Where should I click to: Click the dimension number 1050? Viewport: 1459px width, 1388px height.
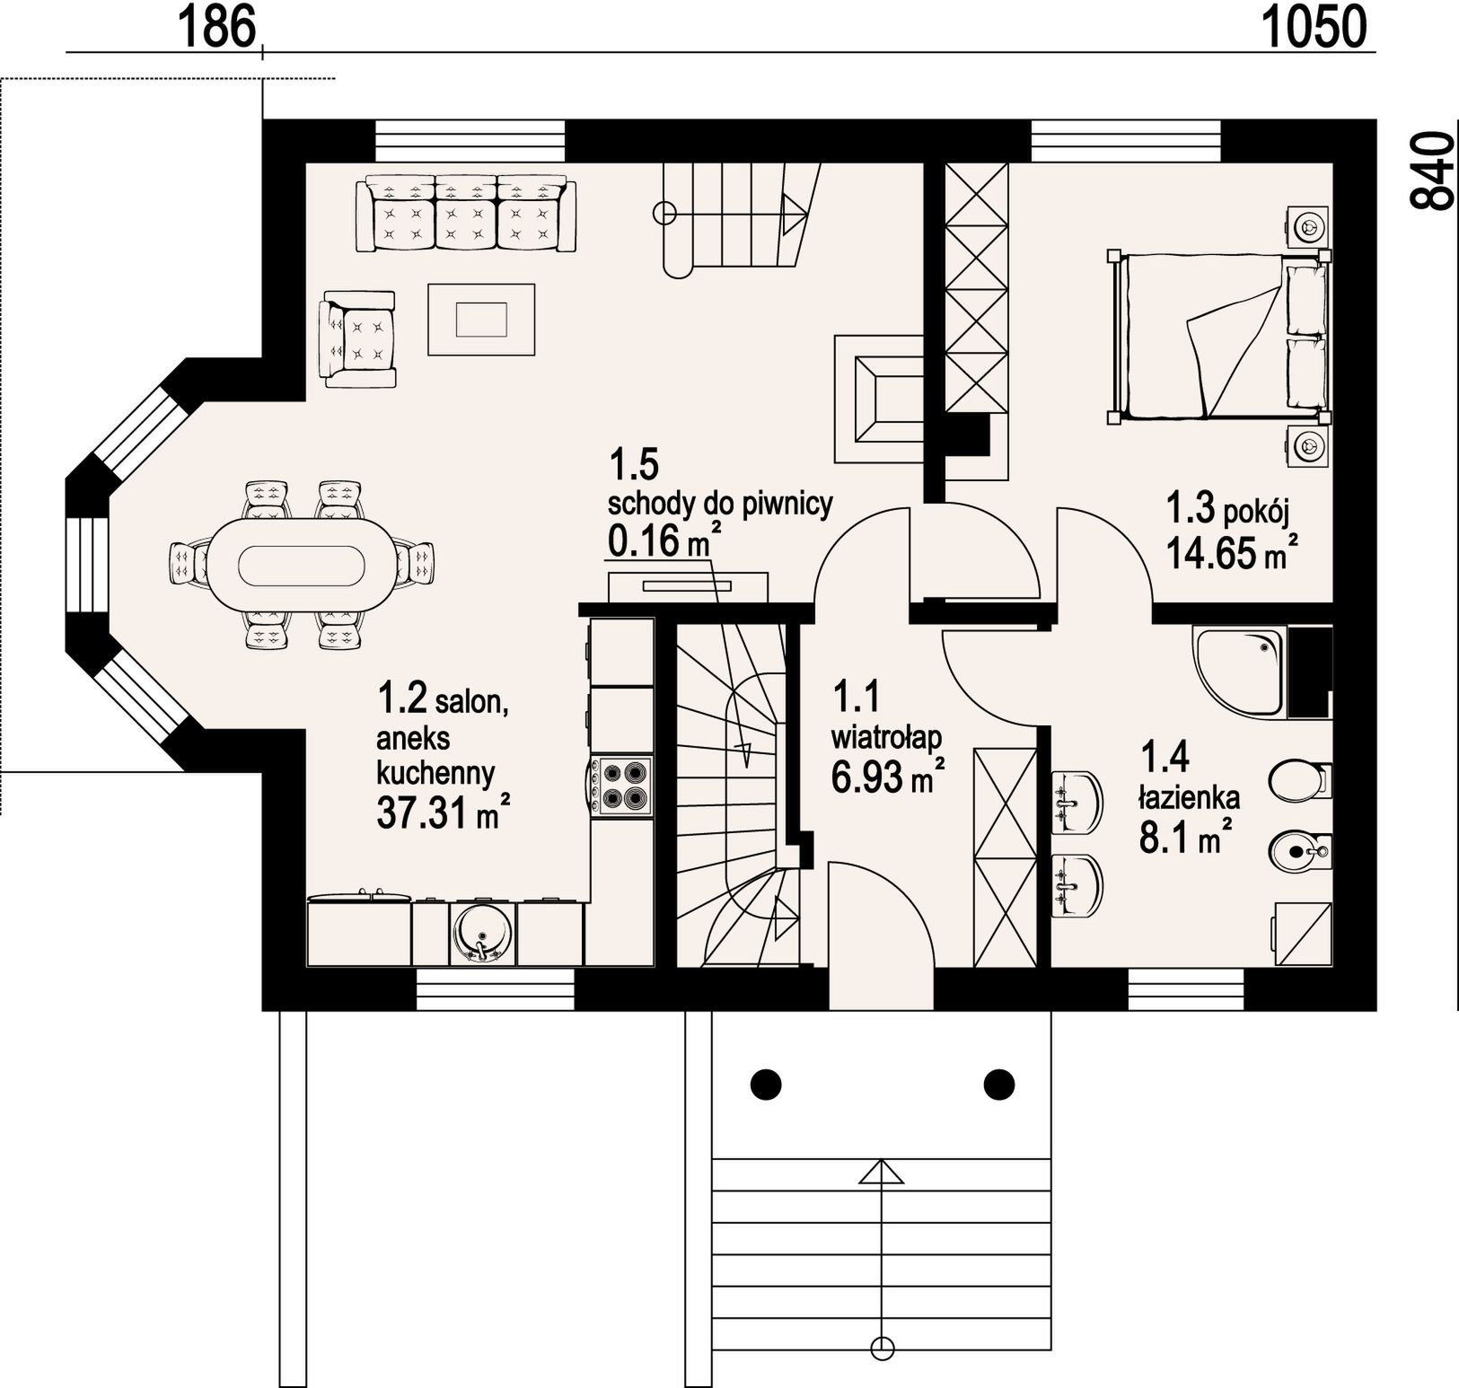coord(1314,26)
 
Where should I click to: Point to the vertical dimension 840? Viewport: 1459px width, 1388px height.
coord(1431,171)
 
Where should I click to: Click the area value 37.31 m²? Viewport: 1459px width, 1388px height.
coord(444,813)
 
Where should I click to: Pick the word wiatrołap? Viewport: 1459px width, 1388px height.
coord(886,738)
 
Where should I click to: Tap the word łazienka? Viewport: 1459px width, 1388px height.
coord(1190,796)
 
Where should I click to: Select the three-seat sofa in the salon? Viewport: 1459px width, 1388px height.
coord(466,215)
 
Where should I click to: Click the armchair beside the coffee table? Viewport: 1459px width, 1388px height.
coord(358,339)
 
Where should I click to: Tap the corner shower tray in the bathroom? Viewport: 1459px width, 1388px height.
coord(1240,672)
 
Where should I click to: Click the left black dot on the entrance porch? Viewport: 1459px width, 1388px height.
coord(766,1084)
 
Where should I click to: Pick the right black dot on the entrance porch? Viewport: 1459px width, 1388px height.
coord(998,1084)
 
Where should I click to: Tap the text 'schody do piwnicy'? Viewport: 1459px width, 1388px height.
coord(720,503)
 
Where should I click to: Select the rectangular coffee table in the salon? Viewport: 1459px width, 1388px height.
coord(481,320)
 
